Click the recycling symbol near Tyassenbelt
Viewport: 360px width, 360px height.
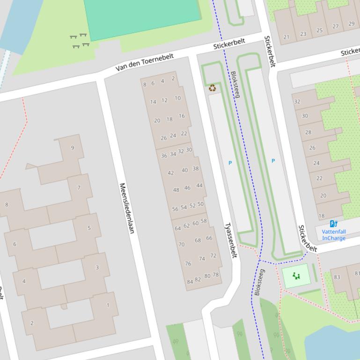click(x=213, y=87)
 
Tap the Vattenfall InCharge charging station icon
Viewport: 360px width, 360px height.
click(x=333, y=224)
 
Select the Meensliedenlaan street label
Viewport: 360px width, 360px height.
click(x=126, y=208)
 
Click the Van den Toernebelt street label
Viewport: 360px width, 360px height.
click(x=145, y=63)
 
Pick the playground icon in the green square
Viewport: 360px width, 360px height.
click(x=296, y=276)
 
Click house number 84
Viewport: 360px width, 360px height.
click(x=190, y=281)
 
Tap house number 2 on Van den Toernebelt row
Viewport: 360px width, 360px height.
click(x=173, y=79)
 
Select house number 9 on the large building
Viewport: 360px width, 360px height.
click(x=73, y=148)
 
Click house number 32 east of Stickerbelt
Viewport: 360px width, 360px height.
click(x=297, y=101)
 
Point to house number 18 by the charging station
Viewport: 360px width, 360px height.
click(x=322, y=216)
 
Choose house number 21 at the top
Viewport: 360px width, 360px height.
click(x=287, y=37)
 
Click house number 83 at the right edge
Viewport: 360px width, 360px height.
click(x=337, y=277)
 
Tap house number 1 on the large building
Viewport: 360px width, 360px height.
click(x=108, y=305)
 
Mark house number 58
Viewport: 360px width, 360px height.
click(x=204, y=221)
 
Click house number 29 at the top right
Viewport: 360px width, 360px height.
click(x=351, y=24)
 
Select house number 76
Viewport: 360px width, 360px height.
click(x=188, y=264)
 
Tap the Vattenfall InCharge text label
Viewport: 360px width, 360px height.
click(x=334, y=235)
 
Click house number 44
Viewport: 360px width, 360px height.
click(x=199, y=186)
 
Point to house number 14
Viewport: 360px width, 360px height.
click(x=153, y=102)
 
